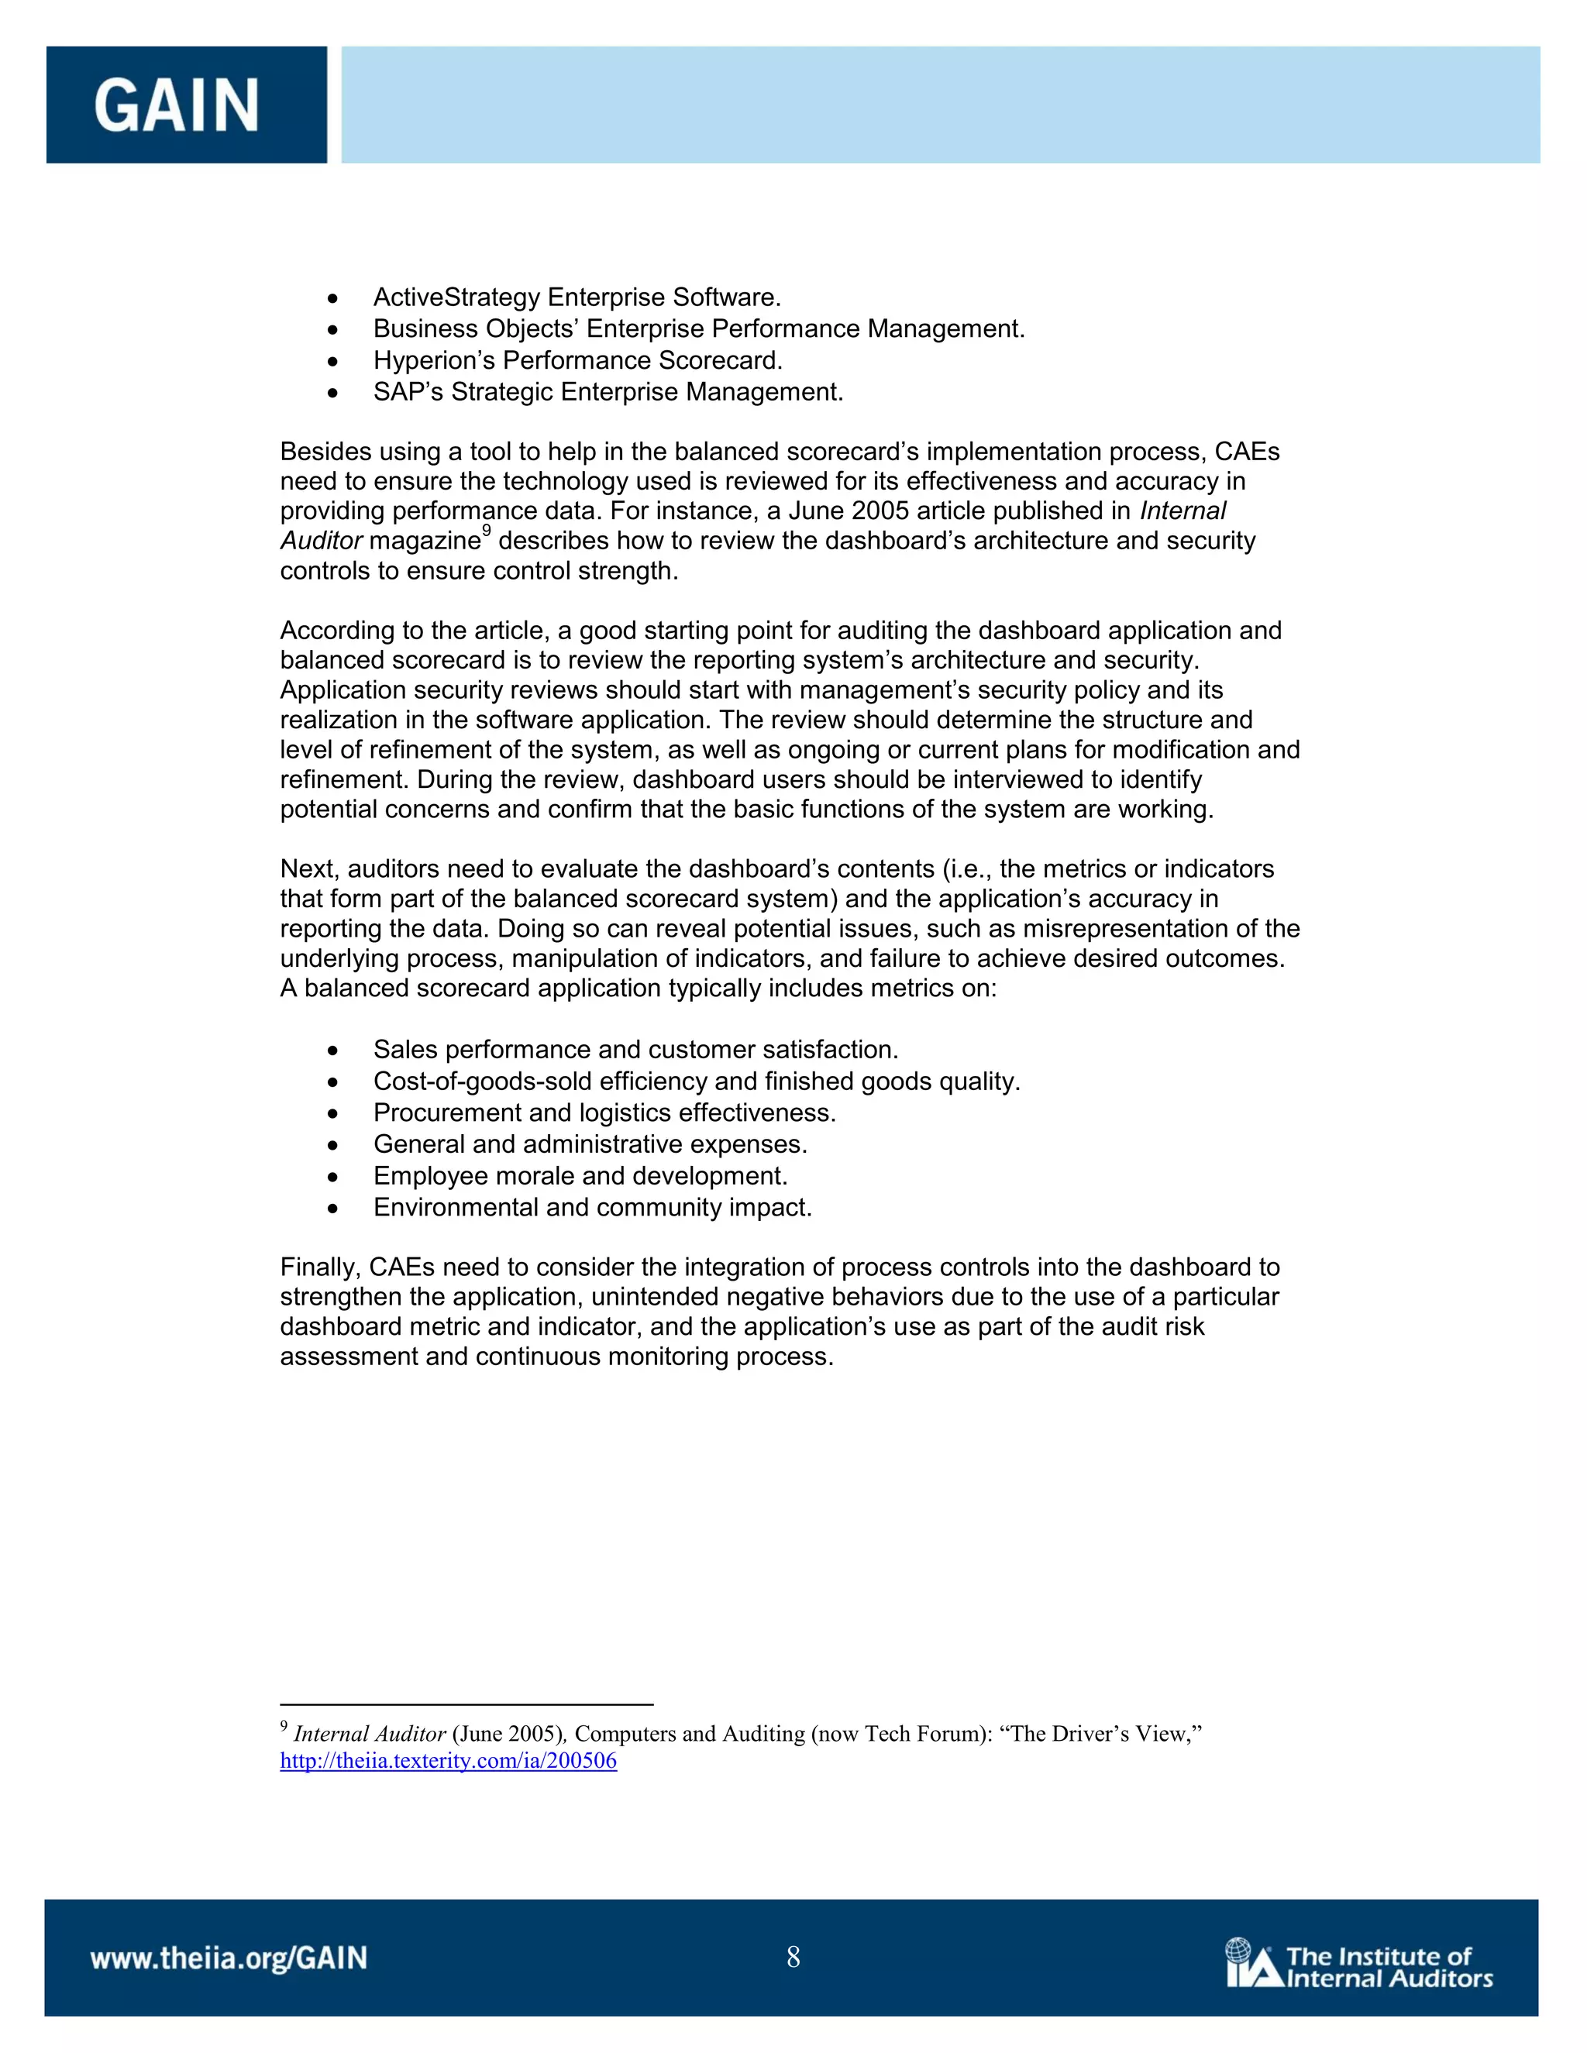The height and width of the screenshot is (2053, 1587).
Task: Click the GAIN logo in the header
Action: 177,105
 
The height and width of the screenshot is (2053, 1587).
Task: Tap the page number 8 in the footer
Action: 793,1957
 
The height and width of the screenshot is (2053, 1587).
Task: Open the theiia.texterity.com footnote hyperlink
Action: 449,1761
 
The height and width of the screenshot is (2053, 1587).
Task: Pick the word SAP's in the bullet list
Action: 408,392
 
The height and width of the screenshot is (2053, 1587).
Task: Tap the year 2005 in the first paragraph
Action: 880,511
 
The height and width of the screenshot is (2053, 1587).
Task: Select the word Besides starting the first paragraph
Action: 322,452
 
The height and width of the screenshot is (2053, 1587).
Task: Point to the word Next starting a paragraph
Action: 309,869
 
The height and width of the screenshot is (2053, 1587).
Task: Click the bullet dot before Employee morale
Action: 332,1177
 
